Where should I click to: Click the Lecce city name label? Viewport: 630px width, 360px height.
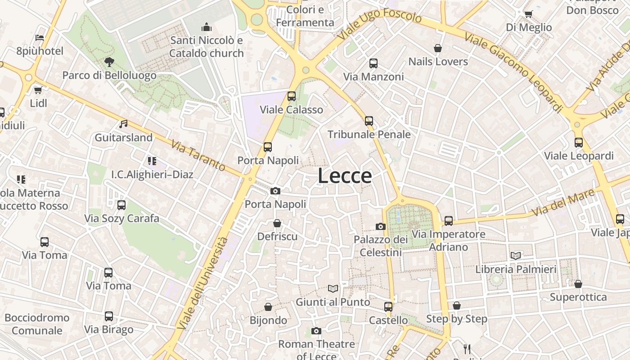click(345, 176)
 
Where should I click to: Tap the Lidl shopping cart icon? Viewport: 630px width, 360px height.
click(38, 90)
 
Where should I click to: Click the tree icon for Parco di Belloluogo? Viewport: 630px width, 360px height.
click(108, 62)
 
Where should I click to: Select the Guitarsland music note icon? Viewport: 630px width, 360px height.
click(123, 124)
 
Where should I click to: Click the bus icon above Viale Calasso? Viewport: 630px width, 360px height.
click(292, 96)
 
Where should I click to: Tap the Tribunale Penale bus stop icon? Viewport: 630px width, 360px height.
click(369, 121)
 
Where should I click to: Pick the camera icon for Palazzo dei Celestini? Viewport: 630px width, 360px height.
click(381, 226)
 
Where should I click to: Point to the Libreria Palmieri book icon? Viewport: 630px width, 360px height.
click(516, 256)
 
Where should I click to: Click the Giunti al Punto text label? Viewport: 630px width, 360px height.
click(333, 302)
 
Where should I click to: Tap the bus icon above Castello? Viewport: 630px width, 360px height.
click(388, 307)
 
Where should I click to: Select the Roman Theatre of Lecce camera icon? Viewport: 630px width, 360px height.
click(316, 331)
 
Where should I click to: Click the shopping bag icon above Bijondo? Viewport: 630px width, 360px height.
click(268, 307)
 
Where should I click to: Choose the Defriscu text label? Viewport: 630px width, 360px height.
click(277, 236)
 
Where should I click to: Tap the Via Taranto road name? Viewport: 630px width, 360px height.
click(198, 155)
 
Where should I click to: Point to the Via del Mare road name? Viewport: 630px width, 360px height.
click(563, 203)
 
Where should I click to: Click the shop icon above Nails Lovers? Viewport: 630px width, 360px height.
click(438, 48)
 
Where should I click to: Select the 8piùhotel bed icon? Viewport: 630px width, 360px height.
click(40, 37)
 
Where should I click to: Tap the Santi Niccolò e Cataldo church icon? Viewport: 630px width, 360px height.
click(207, 27)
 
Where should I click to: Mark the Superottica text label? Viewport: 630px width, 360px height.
click(578, 297)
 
